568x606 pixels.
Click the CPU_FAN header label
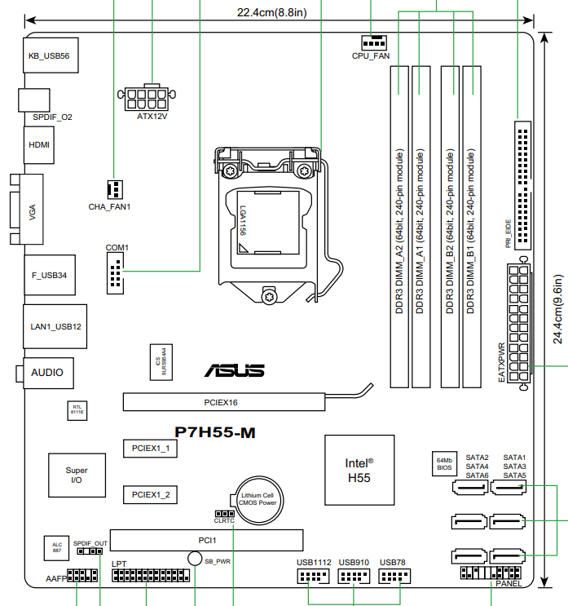tap(371, 56)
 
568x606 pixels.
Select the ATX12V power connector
tap(152, 100)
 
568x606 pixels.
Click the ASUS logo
tap(234, 371)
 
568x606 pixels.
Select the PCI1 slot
tap(207, 540)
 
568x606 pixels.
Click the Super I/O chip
tap(77, 476)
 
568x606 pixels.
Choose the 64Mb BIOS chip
tap(443, 464)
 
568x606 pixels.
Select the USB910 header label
tap(354, 563)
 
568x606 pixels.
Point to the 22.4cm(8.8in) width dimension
tap(271, 12)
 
